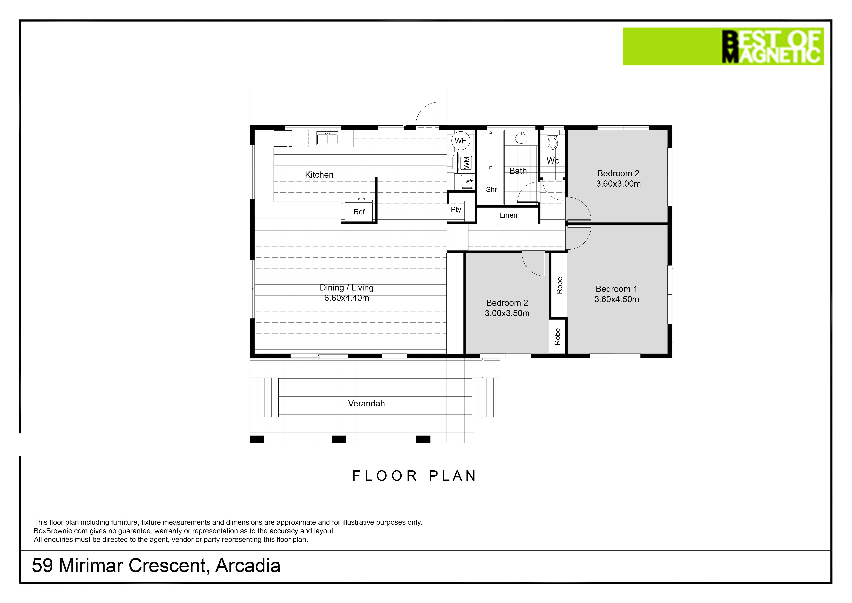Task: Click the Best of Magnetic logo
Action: [723, 46]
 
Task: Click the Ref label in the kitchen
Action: [359, 212]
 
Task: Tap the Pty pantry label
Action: [456, 209]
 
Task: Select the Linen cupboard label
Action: [508, 215]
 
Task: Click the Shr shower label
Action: [491, 189]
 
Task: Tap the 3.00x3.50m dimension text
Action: [507, 313]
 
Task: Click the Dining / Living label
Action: [347, 288]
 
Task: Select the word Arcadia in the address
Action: [247, 566]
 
